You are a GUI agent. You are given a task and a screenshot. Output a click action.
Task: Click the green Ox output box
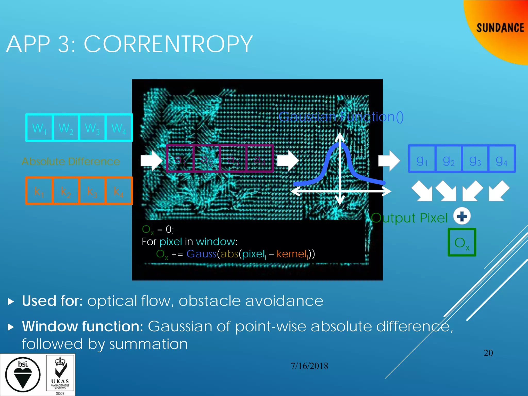[462, 242]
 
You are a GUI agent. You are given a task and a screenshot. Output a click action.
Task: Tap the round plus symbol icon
[462, 216]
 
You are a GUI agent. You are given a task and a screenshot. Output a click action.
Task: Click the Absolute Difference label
[71, 161]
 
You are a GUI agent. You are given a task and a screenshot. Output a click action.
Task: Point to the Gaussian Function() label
[341, 117]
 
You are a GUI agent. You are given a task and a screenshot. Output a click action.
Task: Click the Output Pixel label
[409, 218]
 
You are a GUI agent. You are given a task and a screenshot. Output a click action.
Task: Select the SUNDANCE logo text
[500, 28]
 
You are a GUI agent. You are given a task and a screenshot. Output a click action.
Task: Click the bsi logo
[23, 374]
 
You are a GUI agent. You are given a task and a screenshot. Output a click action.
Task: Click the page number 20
[488, 353]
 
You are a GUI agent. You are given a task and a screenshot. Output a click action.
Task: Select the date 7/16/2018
[309, 366]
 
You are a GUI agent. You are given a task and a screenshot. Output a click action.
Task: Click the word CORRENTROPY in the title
[168, 44]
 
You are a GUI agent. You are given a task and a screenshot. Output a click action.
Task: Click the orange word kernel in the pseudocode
[292, 254]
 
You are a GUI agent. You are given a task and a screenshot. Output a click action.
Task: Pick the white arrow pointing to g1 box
[389, 161]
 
